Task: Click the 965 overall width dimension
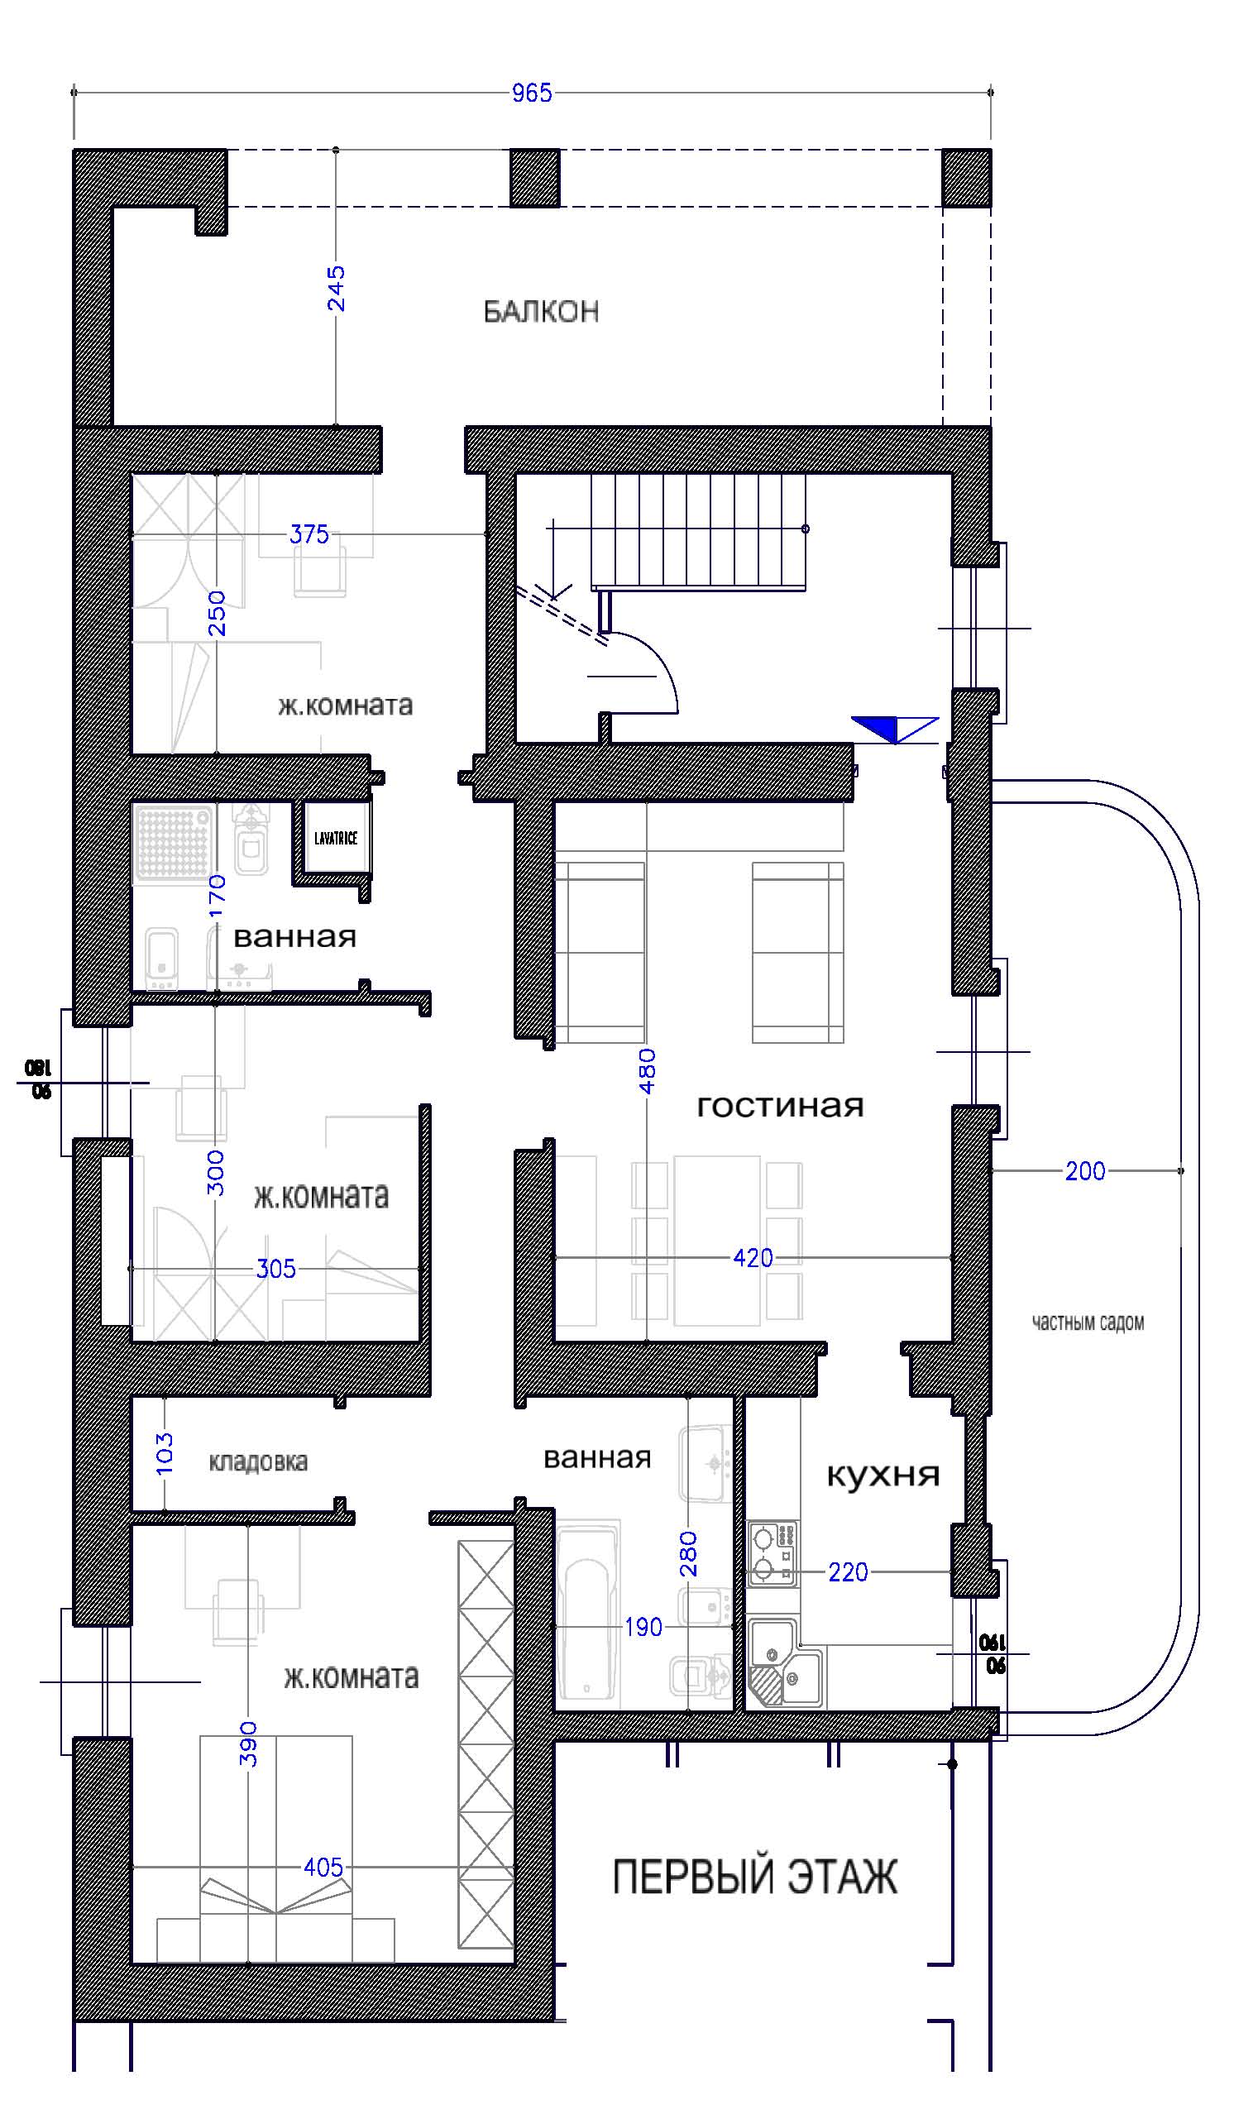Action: click(x=532, y=93)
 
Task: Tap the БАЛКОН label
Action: click(x=541, y=312)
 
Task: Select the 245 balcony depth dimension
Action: click(x=337, y=288)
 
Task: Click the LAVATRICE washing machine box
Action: click(x=336, y=839)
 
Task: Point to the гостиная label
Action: click(x=780, y=1106)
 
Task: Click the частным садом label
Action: click(x=1088, y=1323)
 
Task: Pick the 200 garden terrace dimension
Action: click(x=1085, y=1171)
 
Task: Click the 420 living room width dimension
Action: click(x=753, y=1258)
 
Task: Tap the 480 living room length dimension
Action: click(x=647, y=1070)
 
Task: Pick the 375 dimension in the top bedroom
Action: click(x=309, y=535)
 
